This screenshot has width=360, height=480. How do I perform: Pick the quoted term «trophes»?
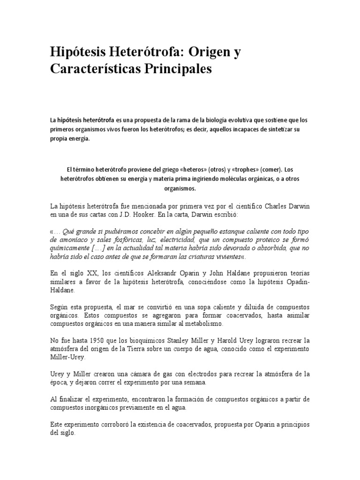[237, 170]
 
